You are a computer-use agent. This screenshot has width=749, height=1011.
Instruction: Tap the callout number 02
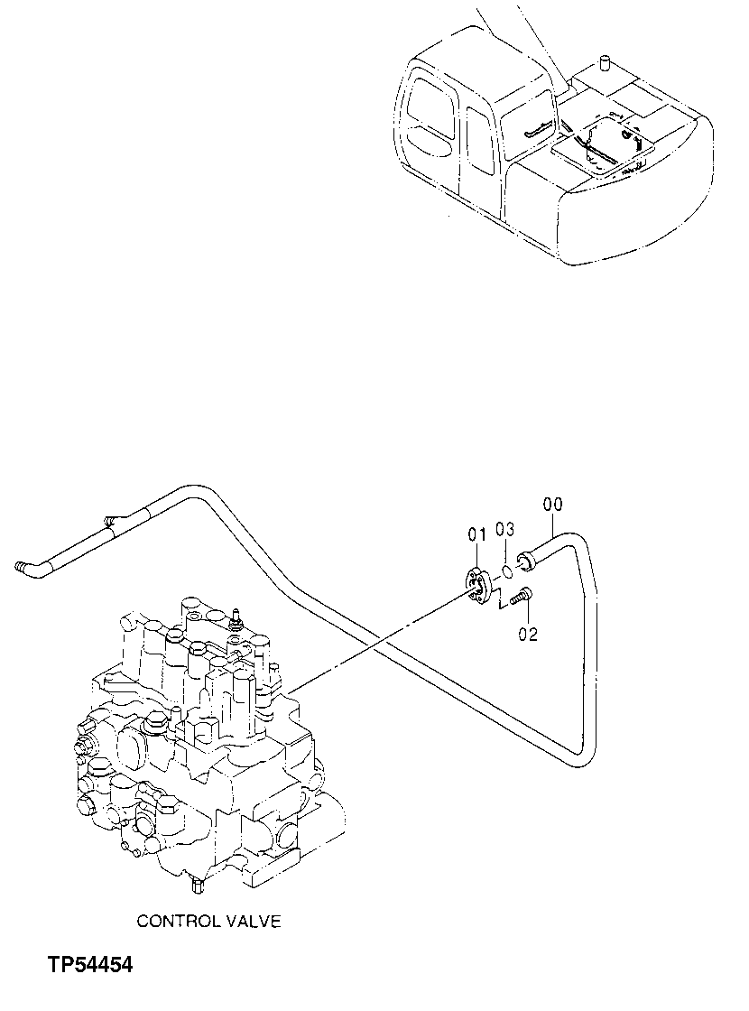click(x=528, y=635)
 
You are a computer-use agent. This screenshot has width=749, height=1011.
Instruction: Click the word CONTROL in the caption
click(x=178, y=921)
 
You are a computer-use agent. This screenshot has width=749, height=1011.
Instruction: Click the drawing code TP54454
click(x=90, y=966)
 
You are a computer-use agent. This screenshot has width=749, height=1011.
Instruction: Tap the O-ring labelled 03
click(x=508, y=570)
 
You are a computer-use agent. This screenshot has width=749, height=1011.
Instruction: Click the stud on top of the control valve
click(x=236, y=617)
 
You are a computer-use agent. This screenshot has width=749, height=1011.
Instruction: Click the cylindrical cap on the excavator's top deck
click(x=604, y=63)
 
